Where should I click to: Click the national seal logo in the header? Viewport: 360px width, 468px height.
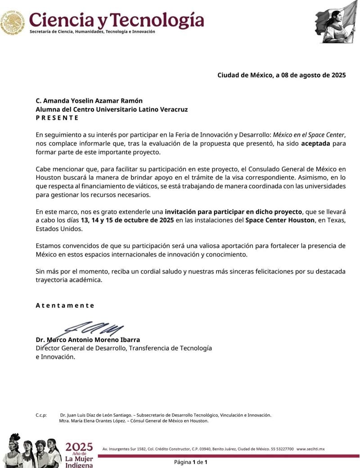click(x=13, y=22)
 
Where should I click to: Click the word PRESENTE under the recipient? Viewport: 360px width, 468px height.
click(x=57, y=117)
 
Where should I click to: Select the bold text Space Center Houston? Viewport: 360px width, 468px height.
click(x=280, y=220)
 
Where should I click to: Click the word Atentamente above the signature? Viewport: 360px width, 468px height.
click(x=65, y=305)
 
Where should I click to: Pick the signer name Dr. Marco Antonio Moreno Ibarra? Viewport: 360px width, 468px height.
click(x=88, y=340)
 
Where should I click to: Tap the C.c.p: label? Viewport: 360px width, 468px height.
click(x=41, y=415)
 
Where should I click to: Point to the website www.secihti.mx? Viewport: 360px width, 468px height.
click(x=310, y=449)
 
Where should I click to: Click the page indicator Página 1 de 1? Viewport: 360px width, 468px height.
click(x=191, y=462)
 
